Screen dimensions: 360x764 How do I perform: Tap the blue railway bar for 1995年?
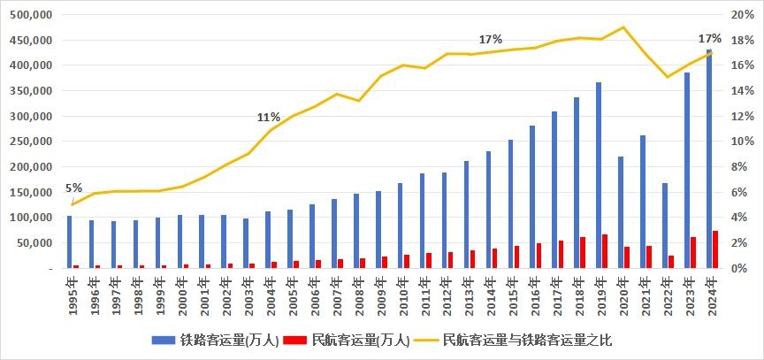(70, 241)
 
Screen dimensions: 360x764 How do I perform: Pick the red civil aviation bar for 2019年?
(605, 251)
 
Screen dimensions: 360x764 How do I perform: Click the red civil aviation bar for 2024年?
(715, 249)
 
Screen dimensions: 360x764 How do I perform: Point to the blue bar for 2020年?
(621, 212)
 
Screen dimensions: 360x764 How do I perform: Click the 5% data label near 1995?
(73, 188)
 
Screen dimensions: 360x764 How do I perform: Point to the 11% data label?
(269, 117)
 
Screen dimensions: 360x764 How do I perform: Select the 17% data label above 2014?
(490, 40)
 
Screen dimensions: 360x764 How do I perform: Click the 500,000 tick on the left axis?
(31, 15)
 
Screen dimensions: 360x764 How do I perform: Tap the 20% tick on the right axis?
(742, 15)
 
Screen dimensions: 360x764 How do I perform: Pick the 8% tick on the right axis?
(739, 166)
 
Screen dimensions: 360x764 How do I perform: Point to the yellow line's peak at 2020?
(623, 27)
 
